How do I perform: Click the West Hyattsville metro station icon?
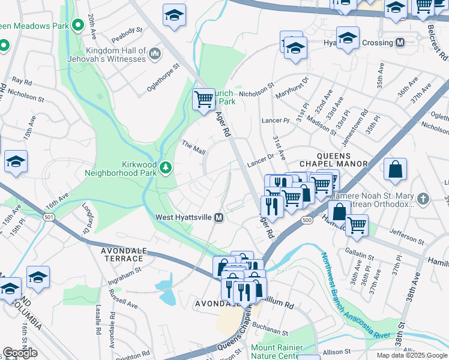(219, 217)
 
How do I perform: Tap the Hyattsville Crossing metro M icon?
(400, 43)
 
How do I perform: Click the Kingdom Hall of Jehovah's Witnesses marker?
(155, 55)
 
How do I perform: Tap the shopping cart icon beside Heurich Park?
(204, 98)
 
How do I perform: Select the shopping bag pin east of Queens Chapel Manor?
(396, 170)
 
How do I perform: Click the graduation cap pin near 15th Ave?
(16, 161)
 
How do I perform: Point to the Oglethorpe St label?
(164, 79)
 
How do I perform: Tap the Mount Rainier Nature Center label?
(274, 352)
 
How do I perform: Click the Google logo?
(20, 352)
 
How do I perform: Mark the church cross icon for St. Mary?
(423, 199)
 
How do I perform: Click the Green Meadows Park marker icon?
(77, 25)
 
